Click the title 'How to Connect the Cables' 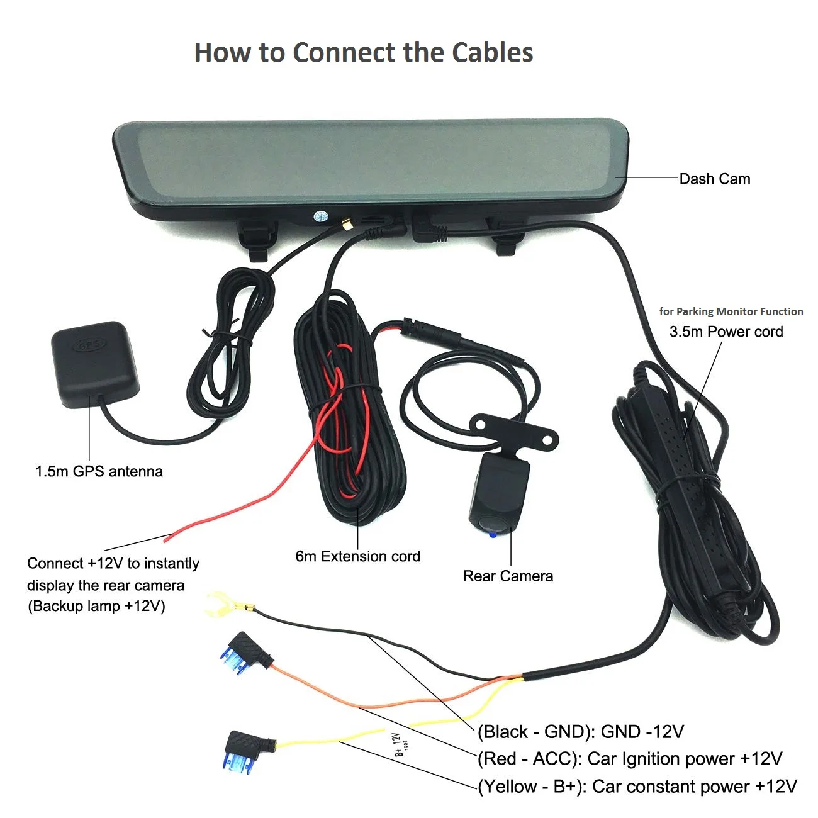pos(364,52)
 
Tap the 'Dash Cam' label pos(714,179)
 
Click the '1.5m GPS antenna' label pos(99,471)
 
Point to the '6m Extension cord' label pos(357,556)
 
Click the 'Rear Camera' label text pos(508,576)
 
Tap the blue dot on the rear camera pos(492,535)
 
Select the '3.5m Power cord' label pos(726,332)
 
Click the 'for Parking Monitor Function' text pos(731,311)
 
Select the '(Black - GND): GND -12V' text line pos(580,731)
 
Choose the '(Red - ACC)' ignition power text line pos(630,758)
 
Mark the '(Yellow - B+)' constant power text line pos(637,786)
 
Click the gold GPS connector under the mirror pos(347,224)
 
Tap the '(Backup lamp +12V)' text pos(96,606)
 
